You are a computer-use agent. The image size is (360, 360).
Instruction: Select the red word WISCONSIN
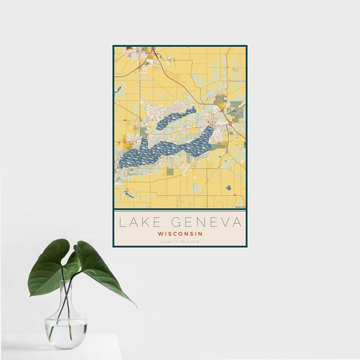179,233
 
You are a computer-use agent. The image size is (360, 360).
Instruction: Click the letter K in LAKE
146,223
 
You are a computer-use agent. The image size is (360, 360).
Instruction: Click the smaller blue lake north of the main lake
176,119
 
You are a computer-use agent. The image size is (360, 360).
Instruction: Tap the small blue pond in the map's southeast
229,188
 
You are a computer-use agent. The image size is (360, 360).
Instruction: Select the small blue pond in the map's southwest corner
128,194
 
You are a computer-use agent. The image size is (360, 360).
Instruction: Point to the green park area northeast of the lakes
221,98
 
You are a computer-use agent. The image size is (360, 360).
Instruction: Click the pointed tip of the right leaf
135,305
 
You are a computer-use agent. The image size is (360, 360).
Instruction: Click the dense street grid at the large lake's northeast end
209,126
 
